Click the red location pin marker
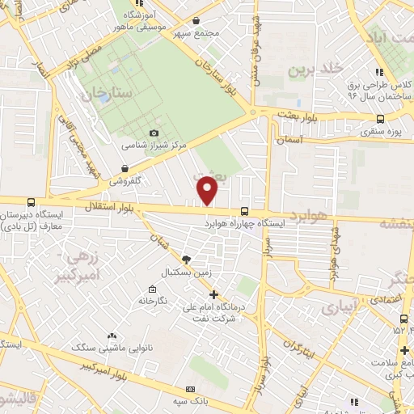[209, 190]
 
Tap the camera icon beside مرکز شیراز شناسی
[154, 133]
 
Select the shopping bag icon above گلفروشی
[125, 168]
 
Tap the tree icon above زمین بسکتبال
[187, 260]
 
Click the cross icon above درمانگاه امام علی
[213, 295]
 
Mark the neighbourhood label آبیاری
[338, 307]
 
